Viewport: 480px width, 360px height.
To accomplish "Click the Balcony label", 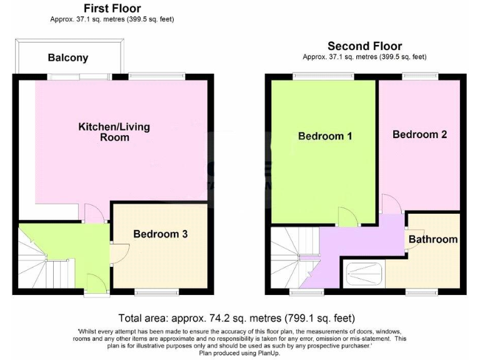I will click(x=68, y=58).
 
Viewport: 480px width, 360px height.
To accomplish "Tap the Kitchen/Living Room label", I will click(x=114, y=132).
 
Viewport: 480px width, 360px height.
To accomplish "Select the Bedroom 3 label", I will click(x=161, y=234).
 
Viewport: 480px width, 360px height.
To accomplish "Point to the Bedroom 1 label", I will click(x=325, y=136).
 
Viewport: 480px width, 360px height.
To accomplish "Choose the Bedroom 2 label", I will click(x=419, y=134).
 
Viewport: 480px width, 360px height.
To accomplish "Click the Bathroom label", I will click(x=433, y=239).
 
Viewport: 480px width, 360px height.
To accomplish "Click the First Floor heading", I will click(x=112, y=8).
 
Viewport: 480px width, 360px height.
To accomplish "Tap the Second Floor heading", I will click(x=364, y=46).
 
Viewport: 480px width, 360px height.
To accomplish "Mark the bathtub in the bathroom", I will click(x=364, y=273).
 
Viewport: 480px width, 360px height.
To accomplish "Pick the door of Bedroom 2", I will click(x=389, y=204).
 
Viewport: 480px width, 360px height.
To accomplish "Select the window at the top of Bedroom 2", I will click(x=419, y=76).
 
